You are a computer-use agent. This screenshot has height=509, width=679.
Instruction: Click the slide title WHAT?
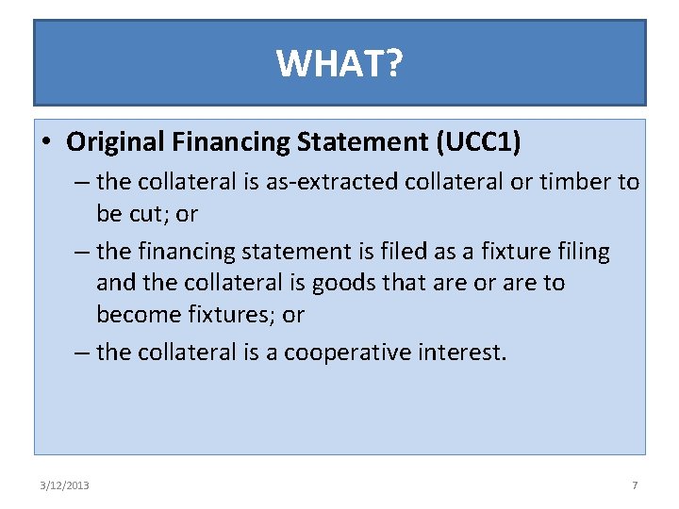[339, 63]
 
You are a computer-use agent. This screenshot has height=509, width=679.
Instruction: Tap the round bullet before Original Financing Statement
[46, 143]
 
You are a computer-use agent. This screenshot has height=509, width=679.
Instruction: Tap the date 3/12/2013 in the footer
[65, 485]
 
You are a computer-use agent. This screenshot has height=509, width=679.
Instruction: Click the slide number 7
[635, 485]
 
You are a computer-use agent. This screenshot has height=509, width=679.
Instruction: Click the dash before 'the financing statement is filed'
[82, 252]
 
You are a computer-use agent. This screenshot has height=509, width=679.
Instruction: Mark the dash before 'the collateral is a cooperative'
[82, 353]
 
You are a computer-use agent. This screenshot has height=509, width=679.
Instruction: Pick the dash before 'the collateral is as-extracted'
[82, 182]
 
